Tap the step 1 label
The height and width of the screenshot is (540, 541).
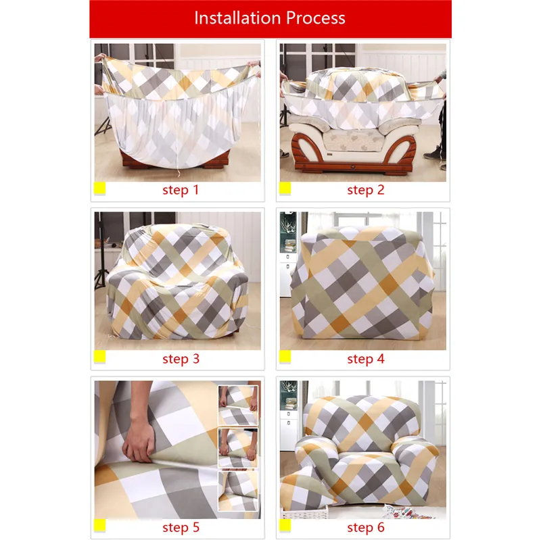click(x=181, y=190)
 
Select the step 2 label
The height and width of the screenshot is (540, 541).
click(x=365, y=190)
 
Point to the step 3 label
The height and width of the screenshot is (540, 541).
click(x=181, y=358)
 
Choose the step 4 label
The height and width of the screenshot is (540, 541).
click(x=365, y=358)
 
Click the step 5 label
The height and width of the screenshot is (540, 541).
click(x=181, y=526)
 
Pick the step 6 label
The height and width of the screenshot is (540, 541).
click(x=365, y=526)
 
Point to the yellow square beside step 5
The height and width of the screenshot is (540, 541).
click(x=99, y=525)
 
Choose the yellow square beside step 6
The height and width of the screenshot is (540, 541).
click(x=285, y=525)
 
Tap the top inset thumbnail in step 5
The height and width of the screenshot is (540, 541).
click(x=238, y=405)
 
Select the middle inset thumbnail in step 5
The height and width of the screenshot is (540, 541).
click(x=238, y=447)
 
